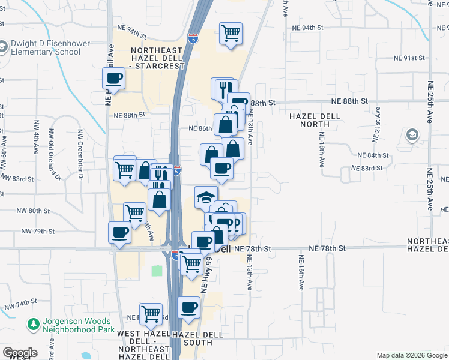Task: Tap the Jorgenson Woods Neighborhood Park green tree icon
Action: (x=34, y=325)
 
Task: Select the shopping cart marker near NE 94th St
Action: (x=231, y=34)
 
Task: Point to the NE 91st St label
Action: (x=409, y=58)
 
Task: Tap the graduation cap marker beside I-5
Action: (x=206, y=197)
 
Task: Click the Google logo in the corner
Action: (x=20, y=353)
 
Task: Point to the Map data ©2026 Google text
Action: (x=412, y=355)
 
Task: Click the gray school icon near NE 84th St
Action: (x=412, y=136)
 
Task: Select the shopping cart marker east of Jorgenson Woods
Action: (x=151, y=313)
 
